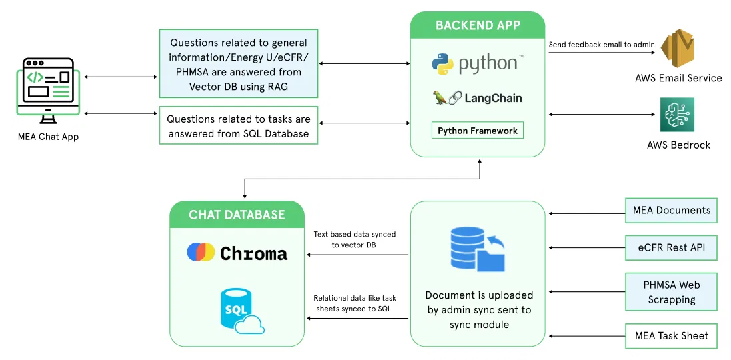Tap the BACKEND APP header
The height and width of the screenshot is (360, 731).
point(478,25)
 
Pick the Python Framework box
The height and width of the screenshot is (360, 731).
point(477,131)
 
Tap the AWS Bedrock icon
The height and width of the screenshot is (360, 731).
point(677,115)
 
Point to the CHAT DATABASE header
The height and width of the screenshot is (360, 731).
point(237,215)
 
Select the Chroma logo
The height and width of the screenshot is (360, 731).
point(237,253)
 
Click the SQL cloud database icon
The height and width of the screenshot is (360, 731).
point(241,311)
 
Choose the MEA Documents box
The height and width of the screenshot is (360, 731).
point(671,210)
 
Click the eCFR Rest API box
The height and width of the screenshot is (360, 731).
point(671,248)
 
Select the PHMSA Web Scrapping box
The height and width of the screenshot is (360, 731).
point(671,292)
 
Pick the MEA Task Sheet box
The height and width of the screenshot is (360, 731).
point(671,335)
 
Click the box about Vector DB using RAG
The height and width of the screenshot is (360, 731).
point(239,64)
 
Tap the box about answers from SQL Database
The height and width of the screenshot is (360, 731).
point(239,126)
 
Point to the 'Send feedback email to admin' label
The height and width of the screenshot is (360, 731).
point(601,45)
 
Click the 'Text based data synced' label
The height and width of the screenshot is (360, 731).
point(354,239)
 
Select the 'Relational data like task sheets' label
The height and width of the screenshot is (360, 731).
point(354,303)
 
